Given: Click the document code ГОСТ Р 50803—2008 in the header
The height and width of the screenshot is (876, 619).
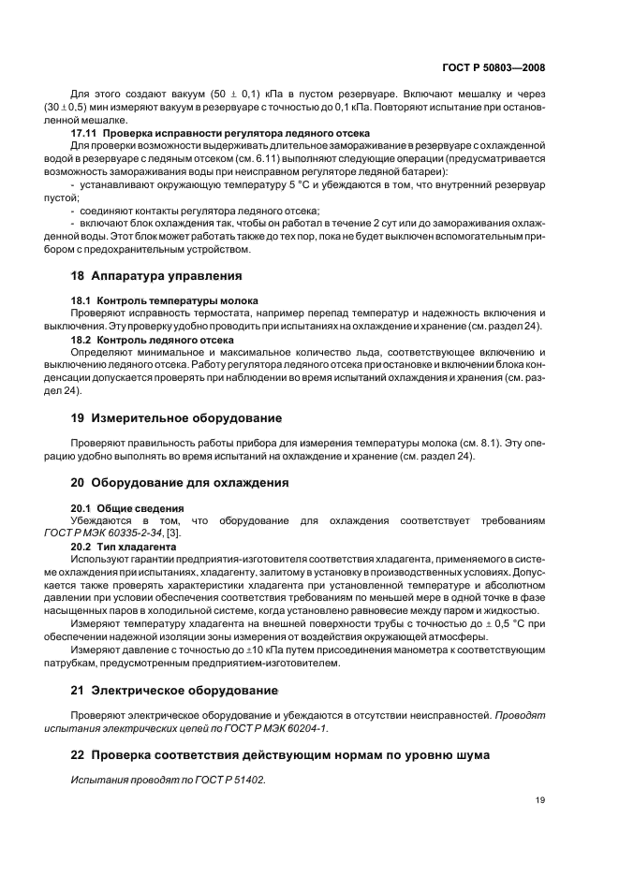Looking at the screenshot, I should (494, 68).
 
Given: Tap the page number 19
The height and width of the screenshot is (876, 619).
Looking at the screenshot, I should (540, 799).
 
